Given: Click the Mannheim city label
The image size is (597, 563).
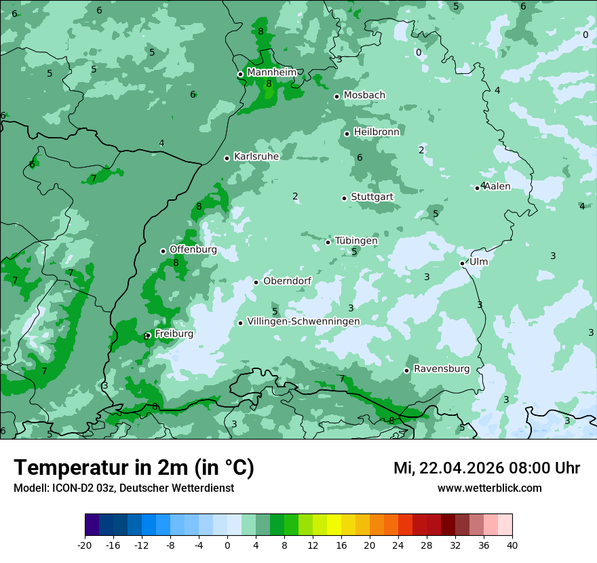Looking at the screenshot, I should [x=271, y=72].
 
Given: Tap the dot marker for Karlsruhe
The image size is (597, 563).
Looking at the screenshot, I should [x=227, y=158].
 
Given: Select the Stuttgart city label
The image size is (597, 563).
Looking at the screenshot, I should [x=372, y=197].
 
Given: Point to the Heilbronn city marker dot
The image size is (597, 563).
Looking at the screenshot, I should [x=347, y=134].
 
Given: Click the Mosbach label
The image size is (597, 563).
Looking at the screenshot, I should [x=364, y=95].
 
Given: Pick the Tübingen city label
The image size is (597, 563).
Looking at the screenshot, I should [x=355, y=241].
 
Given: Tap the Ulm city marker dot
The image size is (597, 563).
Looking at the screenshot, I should [x=463, y=263].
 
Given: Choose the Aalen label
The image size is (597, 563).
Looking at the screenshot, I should [x=497, y=186].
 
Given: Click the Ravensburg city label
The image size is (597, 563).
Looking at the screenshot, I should [x=442, y=369].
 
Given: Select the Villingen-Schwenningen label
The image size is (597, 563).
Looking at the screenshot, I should [x=303, y=322].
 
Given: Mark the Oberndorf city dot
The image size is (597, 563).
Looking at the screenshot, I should [x=256, y=282].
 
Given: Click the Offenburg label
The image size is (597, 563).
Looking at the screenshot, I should [x=193, y=250].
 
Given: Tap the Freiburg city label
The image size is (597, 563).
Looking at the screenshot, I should [x=174, y=334].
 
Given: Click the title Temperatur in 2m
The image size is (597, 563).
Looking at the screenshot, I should [x=134, y=467].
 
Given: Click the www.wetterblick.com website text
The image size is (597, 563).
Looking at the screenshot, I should [x=489, y=488].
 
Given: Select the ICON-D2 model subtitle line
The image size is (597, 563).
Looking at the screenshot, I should [x=123, y=488].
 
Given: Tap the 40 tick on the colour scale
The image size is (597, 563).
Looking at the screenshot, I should [x=512, y=545].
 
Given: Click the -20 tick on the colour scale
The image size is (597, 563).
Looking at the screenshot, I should [x=85, y=545].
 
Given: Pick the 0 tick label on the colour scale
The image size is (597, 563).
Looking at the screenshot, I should [x=227, y=545].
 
